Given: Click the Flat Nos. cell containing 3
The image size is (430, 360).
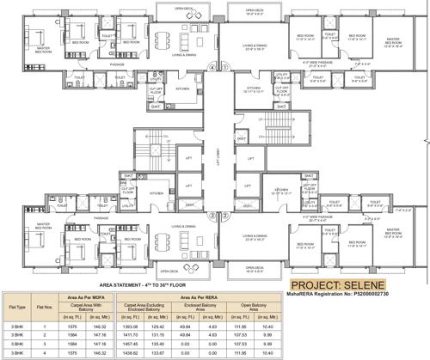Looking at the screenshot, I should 48,343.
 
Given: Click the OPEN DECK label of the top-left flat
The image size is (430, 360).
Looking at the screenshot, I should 178,10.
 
